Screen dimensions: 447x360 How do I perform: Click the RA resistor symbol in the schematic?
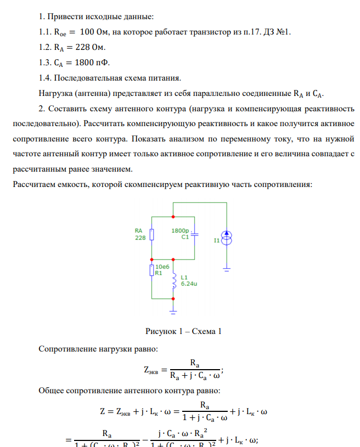151,234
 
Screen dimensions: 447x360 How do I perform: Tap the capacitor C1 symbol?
195,234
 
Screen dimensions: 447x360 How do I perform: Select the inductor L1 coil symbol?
174,281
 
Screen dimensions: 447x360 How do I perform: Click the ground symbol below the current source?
226,269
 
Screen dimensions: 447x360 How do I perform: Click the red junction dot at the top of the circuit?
173,202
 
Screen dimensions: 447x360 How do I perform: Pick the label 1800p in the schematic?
181,231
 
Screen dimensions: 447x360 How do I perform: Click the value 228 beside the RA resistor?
139,238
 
